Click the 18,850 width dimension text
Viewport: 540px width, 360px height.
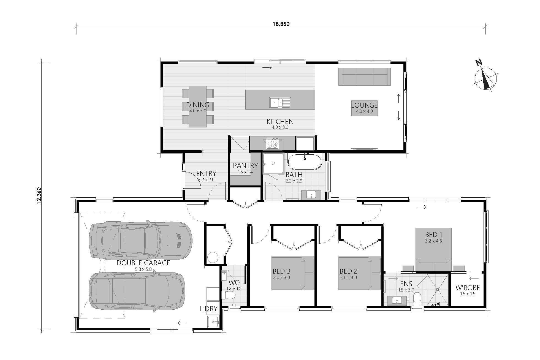coord(281,24)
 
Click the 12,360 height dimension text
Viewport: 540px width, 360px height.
coord(39,196)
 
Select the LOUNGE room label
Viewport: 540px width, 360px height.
coord(364,105)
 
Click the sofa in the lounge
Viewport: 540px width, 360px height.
coord(364,77)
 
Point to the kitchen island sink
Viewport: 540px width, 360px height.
coord(280,102)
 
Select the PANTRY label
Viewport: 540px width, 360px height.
coord(245,165)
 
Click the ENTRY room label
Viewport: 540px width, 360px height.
coord(206,173)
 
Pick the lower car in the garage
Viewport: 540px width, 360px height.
coord(137,291)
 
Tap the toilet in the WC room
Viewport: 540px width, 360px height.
coord(228,296)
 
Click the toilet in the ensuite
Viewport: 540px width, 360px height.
coord(417,299)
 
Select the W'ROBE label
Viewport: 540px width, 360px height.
coord(467,288)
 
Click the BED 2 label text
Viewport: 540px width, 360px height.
coord(348,271)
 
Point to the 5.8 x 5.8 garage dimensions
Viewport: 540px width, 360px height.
coord(143,269)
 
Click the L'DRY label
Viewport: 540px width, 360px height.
coord(208,309)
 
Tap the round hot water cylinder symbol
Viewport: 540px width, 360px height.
coord(213,258)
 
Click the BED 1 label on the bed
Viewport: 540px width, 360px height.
coord(433,234)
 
